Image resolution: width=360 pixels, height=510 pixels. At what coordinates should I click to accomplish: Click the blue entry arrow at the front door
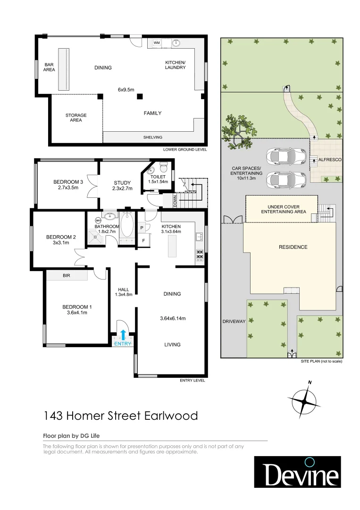coord(124,335)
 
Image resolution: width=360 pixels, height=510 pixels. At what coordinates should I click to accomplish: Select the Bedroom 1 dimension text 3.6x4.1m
coord(77,312)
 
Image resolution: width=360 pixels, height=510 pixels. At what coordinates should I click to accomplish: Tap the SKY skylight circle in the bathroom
coord(98,220)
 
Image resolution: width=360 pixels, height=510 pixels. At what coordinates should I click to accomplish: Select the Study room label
coord(122,183)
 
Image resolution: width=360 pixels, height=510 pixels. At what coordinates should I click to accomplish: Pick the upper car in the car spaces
coord(283,155)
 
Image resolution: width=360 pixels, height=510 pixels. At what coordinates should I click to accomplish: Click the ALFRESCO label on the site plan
coord(330,160)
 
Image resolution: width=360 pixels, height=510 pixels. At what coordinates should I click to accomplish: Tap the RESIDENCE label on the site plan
coord(293,247)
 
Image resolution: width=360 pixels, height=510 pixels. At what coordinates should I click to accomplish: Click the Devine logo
coord(297,472)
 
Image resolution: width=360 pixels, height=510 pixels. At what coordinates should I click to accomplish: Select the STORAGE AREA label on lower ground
coord(76,118)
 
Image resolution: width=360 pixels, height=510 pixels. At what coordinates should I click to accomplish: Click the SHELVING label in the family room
coord(152,137)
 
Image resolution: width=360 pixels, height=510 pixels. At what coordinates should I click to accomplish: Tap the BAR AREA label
coord(49,67)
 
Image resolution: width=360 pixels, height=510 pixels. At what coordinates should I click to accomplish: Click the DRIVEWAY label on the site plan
coord(234,322)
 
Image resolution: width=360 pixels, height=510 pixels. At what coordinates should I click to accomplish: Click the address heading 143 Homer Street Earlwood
coord(120,416)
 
